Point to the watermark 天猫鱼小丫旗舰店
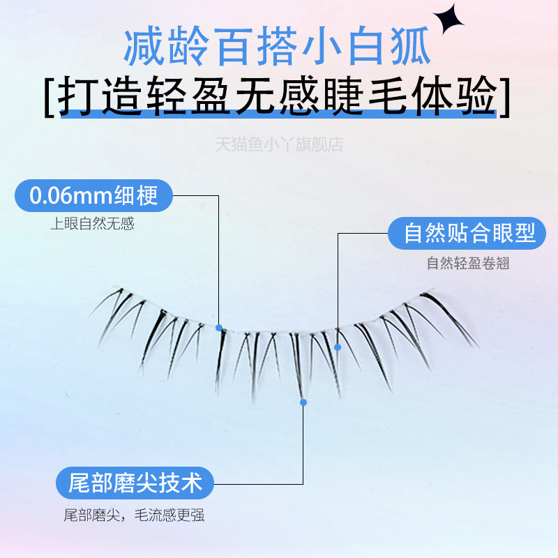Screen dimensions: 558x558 [279, 145]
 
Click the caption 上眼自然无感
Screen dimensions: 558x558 [92, 224]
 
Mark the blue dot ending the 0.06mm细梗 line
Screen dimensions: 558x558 [219, 327]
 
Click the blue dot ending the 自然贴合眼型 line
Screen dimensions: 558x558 [338, 346]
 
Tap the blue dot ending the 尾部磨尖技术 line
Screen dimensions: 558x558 [303, 402]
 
